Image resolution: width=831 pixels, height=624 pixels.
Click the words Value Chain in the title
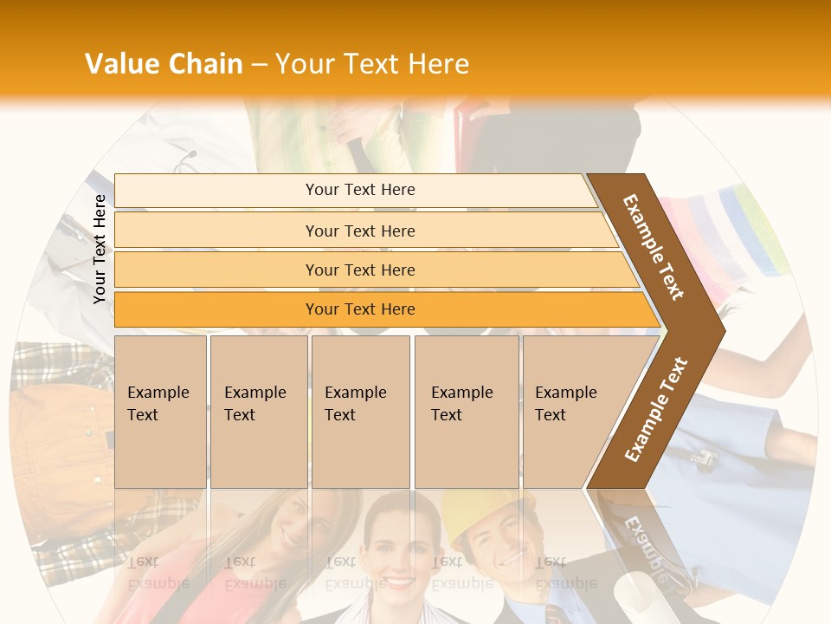click(164, 64)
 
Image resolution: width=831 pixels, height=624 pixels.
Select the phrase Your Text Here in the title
click(372, 64)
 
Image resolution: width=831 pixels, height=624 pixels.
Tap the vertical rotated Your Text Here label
click(100, 249)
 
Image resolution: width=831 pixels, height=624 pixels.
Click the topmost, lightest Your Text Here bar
click(359, 190)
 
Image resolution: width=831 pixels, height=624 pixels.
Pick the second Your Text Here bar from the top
click(359, 231)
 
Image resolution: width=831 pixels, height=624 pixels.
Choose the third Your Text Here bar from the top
click(359, 270)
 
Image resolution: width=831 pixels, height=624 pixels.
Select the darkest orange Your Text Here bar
click(359, 309)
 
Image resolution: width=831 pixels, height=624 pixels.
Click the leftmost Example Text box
click(160, 411)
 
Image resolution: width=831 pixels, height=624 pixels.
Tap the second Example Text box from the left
click(258, 411)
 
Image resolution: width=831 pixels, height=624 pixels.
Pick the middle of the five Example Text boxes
click(360, 411)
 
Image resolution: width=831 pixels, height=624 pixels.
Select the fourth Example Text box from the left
click(466, 411)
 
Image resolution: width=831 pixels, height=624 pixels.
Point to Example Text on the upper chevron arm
click(654, 247)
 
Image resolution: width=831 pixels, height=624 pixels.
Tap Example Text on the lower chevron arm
click(656, 409)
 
